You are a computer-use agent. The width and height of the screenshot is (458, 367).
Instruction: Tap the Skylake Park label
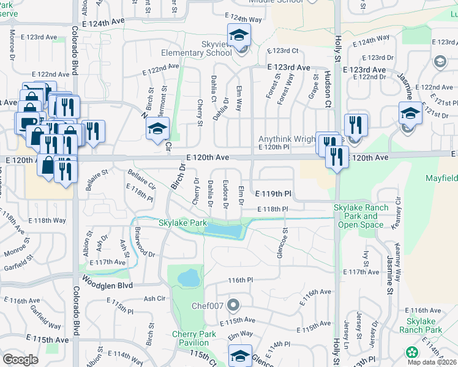(x=182, y=223)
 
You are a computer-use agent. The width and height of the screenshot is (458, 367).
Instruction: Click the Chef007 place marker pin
(x=233, y=305)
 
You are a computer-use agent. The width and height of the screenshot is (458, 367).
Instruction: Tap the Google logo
(x=20, y=360)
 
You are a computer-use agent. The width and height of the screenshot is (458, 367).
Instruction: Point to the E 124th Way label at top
(x=243, y=18)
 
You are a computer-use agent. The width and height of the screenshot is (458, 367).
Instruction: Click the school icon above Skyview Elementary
(x=239, y=34)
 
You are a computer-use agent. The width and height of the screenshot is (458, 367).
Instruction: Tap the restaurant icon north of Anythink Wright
(x=356, y=125)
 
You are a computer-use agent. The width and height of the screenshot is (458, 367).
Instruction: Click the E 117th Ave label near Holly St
(x=362, y=272)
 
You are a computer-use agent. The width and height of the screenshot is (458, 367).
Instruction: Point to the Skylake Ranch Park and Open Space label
(x=361, y=216)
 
